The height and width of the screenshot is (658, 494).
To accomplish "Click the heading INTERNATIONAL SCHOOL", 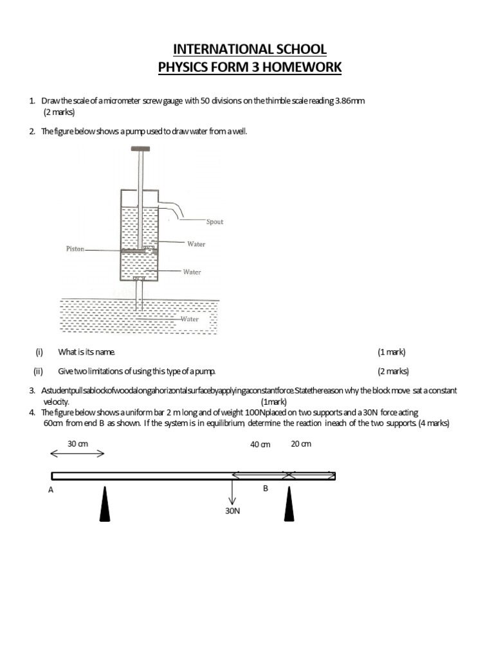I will tap(250, 49).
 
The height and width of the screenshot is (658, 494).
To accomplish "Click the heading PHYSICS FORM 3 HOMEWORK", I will tap(250, 67).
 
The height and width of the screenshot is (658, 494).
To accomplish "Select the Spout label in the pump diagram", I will tap(215, 222).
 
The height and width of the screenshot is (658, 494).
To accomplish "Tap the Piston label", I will tap(75, 249).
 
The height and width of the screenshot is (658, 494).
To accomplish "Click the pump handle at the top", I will tap(140, 149).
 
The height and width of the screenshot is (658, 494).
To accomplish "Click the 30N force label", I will tap(232, 512).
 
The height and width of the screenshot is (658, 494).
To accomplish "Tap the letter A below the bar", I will tap(51, 490).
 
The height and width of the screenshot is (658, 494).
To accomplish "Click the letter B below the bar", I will tap(265, 488).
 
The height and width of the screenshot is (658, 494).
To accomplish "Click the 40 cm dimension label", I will tap(261, 445).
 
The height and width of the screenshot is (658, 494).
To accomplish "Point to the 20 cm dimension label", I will tap(301, 444).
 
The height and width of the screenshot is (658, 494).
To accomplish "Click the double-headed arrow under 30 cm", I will tap(77, 454).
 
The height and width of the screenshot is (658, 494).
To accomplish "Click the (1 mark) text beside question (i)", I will tap(392, 352).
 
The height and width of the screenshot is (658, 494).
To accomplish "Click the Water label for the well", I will tap(189, 319).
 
